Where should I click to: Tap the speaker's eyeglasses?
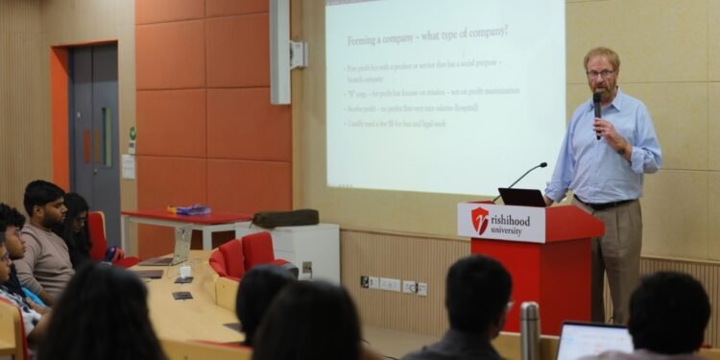pyautogui.click(x=601, y=73)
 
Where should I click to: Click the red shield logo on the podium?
pyautogui.click(x=480, y=221)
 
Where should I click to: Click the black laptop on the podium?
pyautogui.click(x=522, y=197)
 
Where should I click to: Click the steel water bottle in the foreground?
pyautogui.click(x=529, y=330)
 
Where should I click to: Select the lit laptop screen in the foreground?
pyautogui.click(x=591, y=341)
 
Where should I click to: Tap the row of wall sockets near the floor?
pyautogui.click(x=394, y=285)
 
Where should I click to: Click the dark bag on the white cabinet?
pyautogui.click(x=285, y=218)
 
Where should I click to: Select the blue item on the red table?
pyautogui.click(x=191, y=209)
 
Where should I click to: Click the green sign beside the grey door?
pyautogui.click(x=132, y=134)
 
